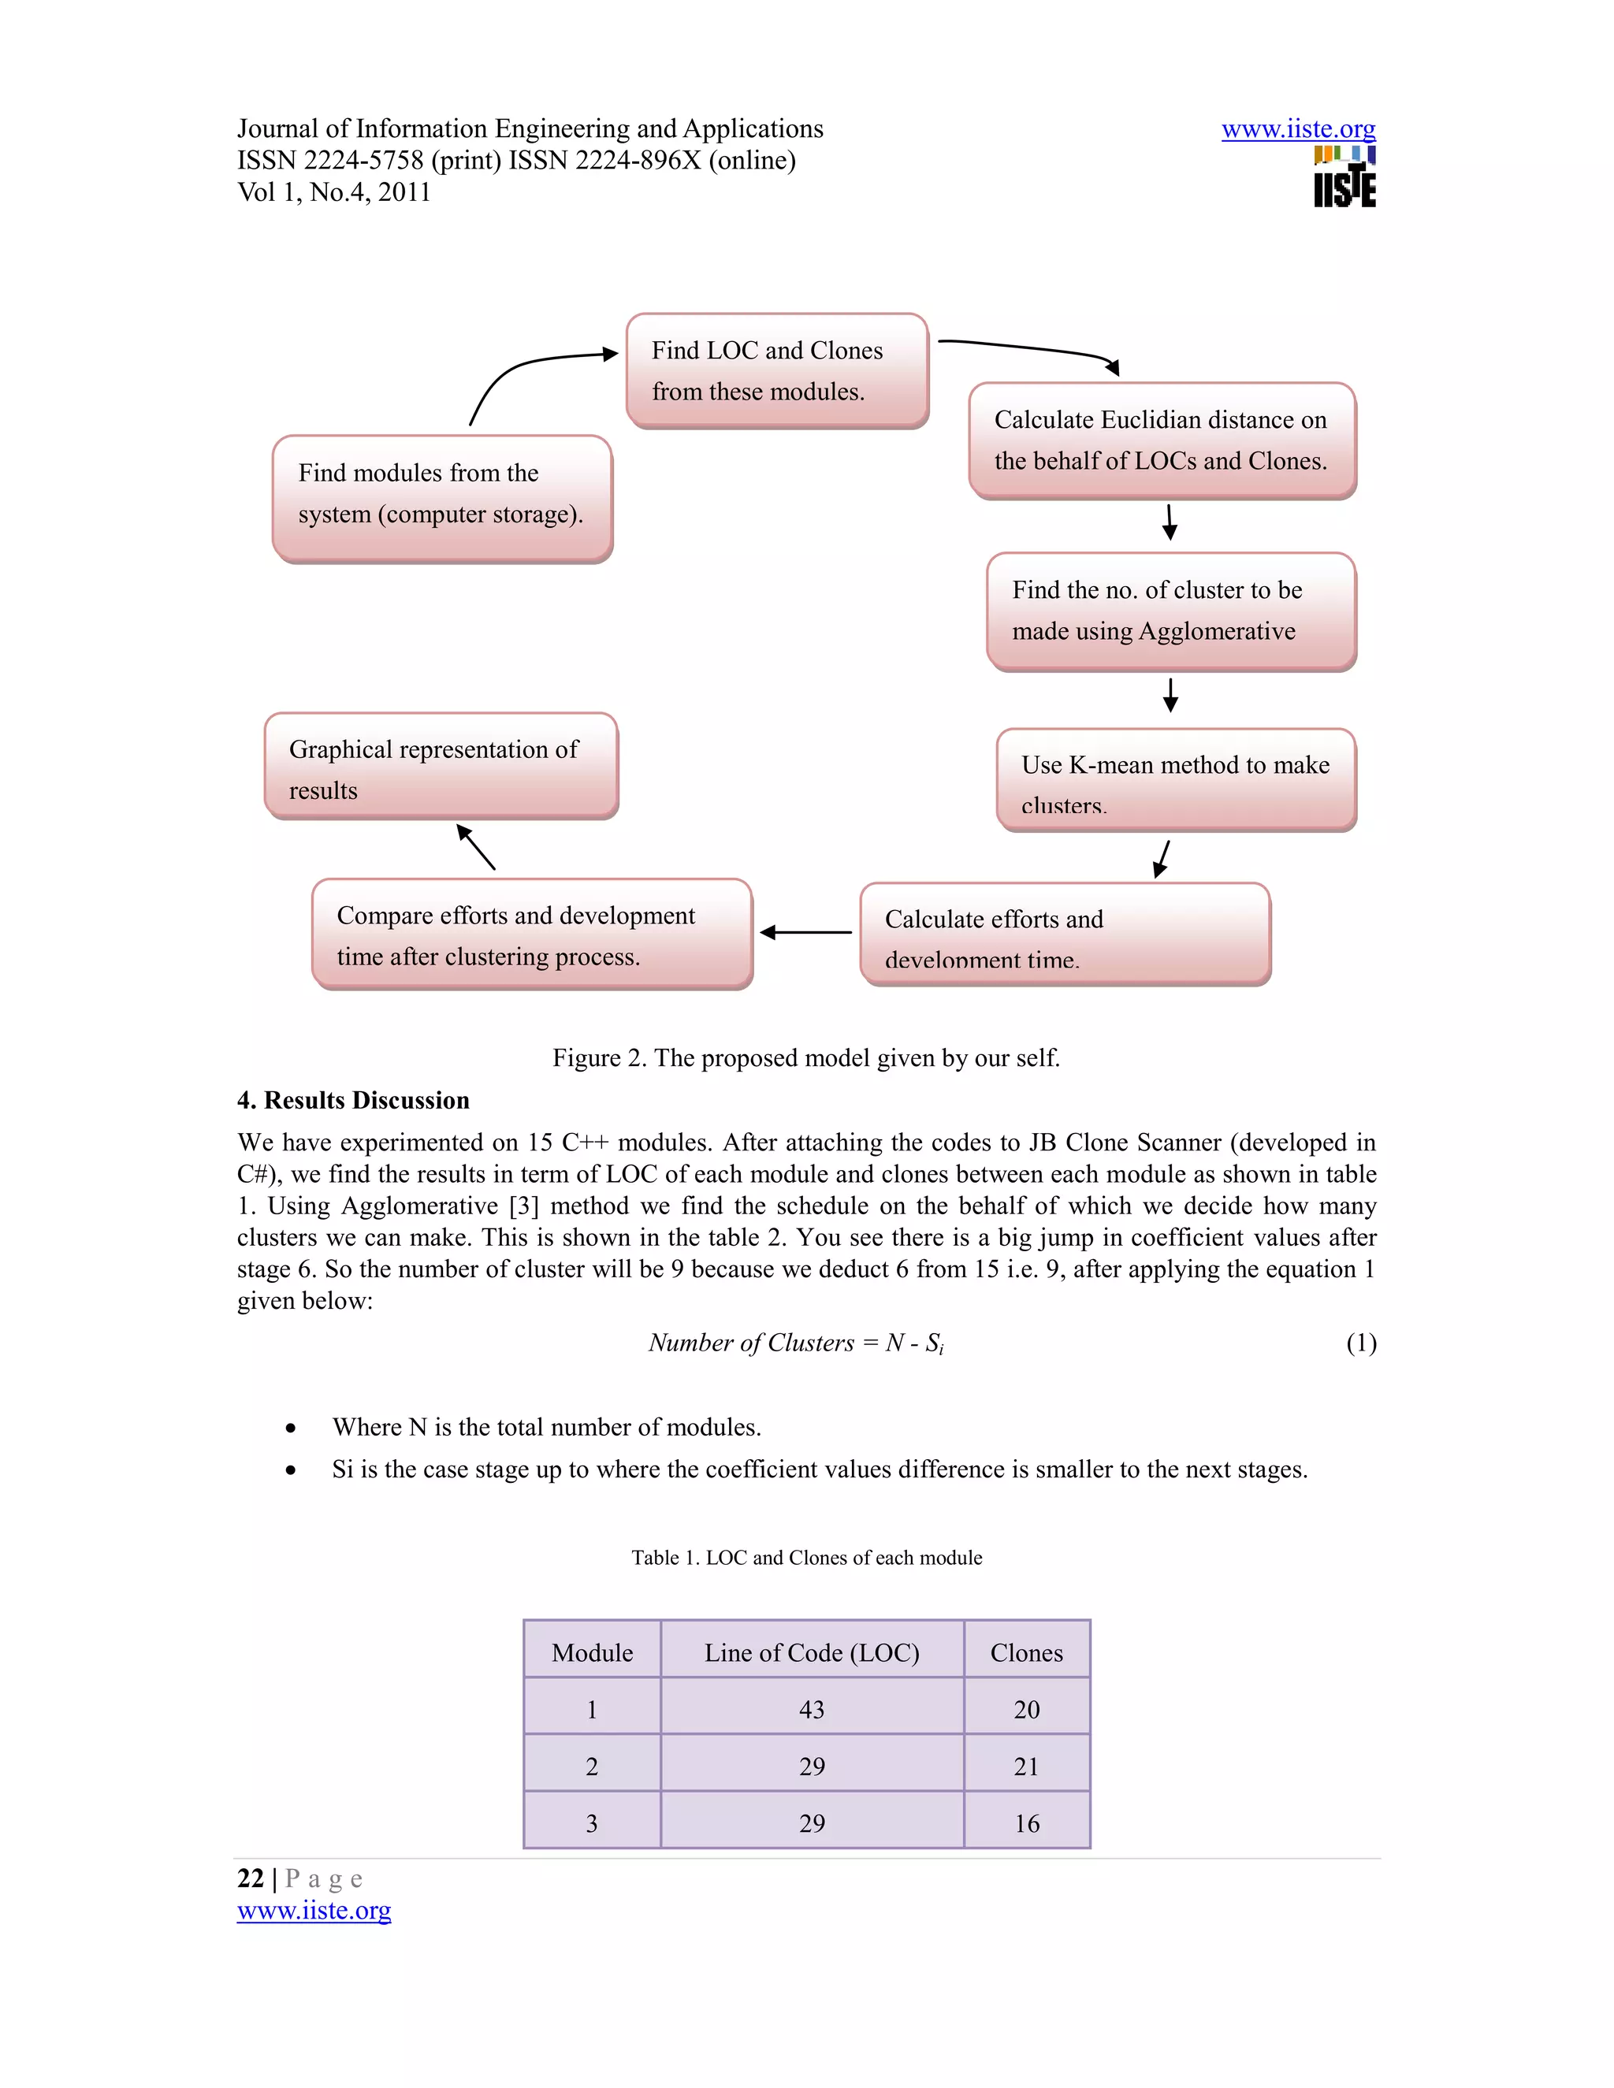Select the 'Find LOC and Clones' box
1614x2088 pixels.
[776, 370]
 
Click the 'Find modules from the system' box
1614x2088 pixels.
[442, 497]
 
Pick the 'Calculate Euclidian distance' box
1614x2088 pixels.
[1162, 440]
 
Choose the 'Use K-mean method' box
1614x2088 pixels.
[1176, 780]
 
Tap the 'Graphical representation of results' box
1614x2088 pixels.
[441, 766]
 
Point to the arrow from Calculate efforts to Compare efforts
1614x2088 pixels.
[806, 932]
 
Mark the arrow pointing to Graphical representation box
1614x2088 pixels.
[476, 847]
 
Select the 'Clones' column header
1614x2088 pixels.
[1026, 1653]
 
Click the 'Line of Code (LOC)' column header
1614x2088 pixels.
[812, 1653]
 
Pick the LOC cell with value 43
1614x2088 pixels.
[812, 1710]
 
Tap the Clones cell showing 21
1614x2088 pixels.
[1026, 1767]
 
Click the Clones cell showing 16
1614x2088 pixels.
[1026, 1823]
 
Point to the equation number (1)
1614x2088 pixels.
[1360, 1343]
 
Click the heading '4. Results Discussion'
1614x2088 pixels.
[354, 1101]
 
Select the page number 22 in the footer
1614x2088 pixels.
[251, 1878]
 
